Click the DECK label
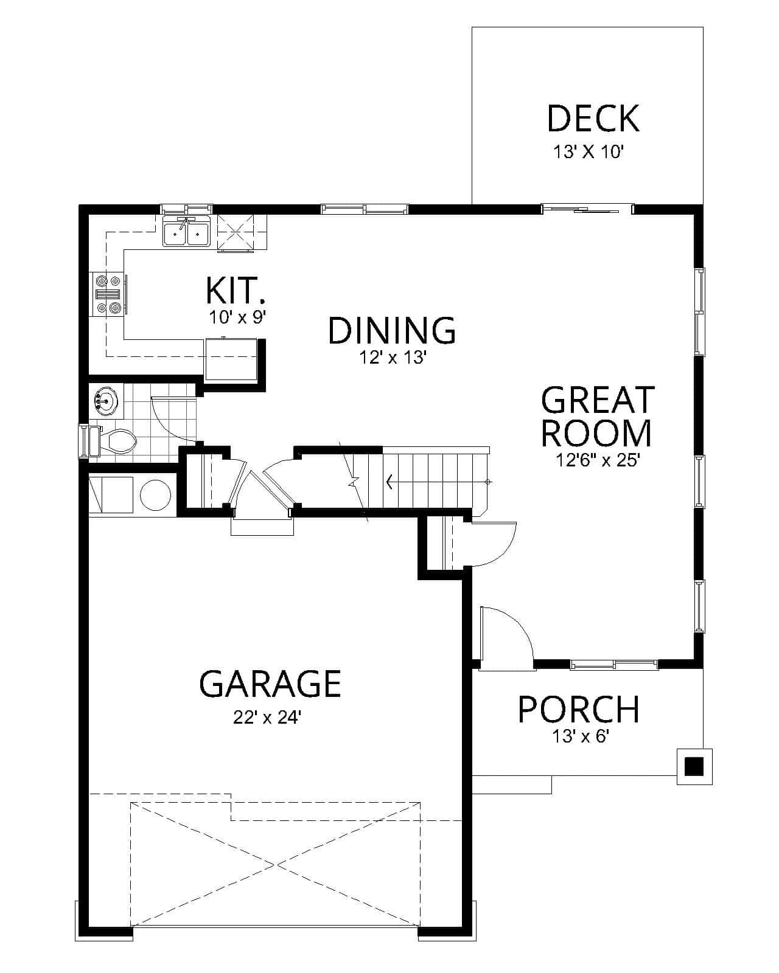click(x=593, y=119)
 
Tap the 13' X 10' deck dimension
click(x=589, y=152)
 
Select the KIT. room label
click(x=236, y=291)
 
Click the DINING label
click(x=392, y=331)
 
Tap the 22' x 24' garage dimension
click(x=267, y=718)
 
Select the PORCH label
click(x=578, y=709)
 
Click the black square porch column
click(x=694, y=766)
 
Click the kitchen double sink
click(x=186, y=234)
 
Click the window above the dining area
click(x=365, y=209)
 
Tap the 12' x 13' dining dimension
click(x=391, y=358)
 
